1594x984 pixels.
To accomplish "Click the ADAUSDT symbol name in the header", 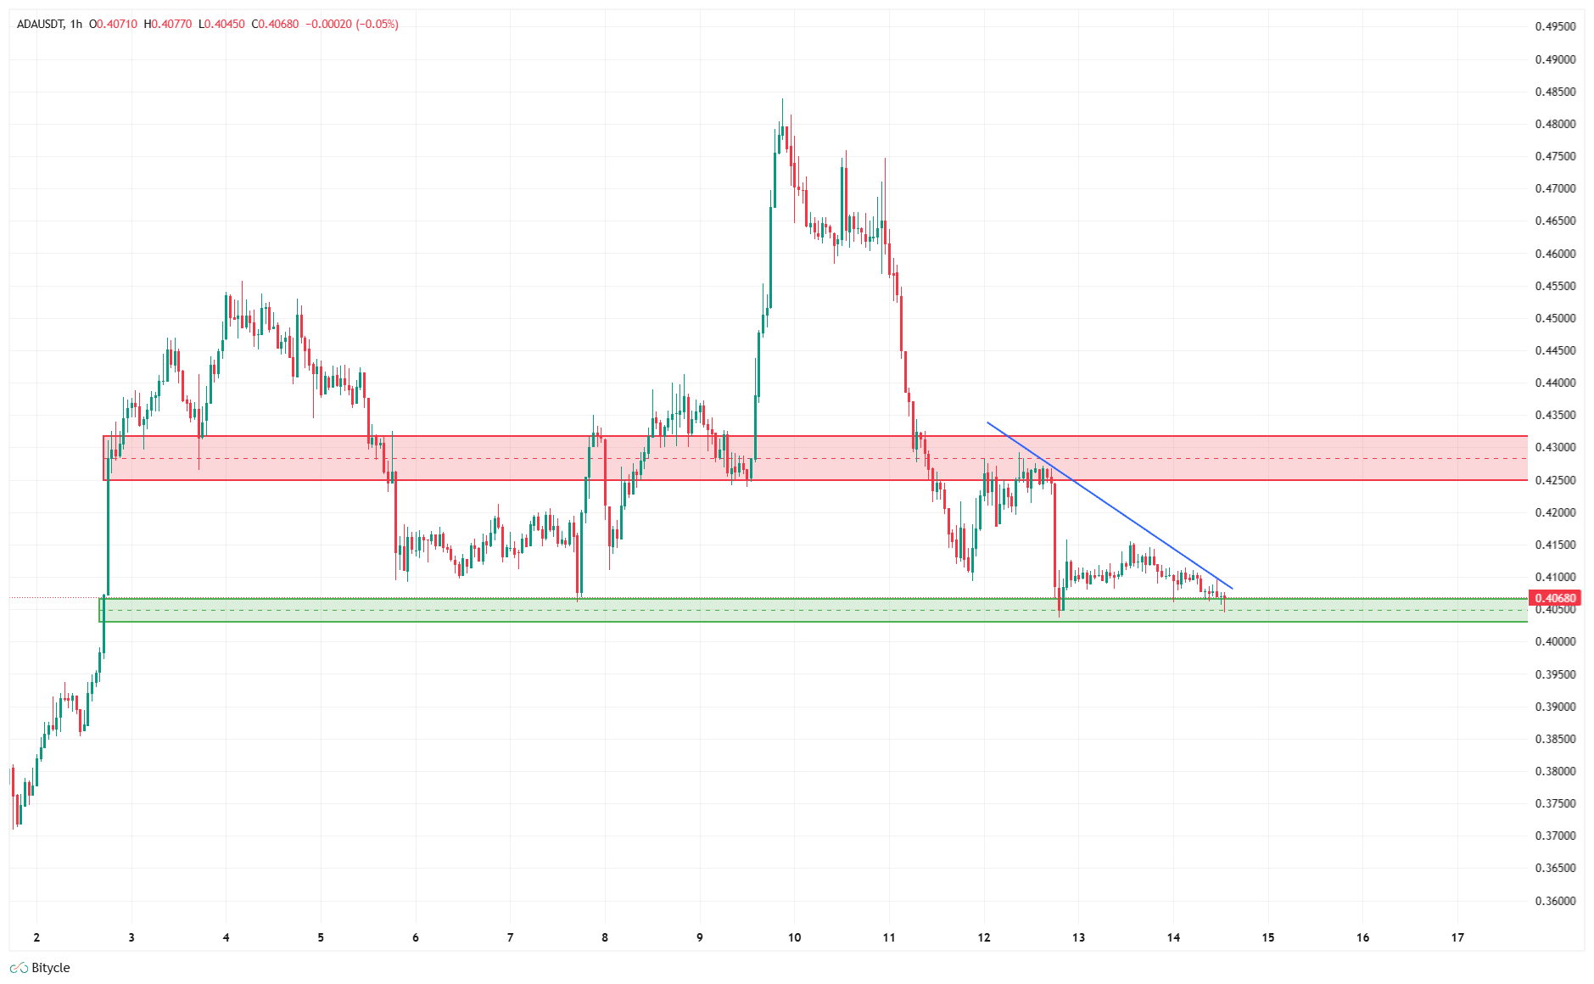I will click(x=41, y=25).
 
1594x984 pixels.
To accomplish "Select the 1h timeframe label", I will click(x=76, y=25).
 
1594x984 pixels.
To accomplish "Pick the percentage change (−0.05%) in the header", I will click(x=377, y=25).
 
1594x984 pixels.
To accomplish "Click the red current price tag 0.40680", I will click(x=1555, y=598).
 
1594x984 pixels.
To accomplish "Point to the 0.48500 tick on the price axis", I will click(x=1555, y=92).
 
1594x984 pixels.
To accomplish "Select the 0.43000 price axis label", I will click(x=1555, y=447).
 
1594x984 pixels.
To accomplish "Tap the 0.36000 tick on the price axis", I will click(x=1555, y=901).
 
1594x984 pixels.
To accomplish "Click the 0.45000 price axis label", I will click(x=1555, y=318).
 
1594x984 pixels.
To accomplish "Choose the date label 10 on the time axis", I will click(x=794, y=937).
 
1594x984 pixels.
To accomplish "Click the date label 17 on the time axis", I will click(x=1457, y=937).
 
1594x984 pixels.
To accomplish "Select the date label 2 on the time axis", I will click(x=36, y=937).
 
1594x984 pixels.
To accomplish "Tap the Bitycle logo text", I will click(x=50, y=968).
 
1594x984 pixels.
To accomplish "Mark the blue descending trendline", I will click(x=1110, y=506).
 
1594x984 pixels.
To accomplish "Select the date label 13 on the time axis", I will click(x=1078, y=937).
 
